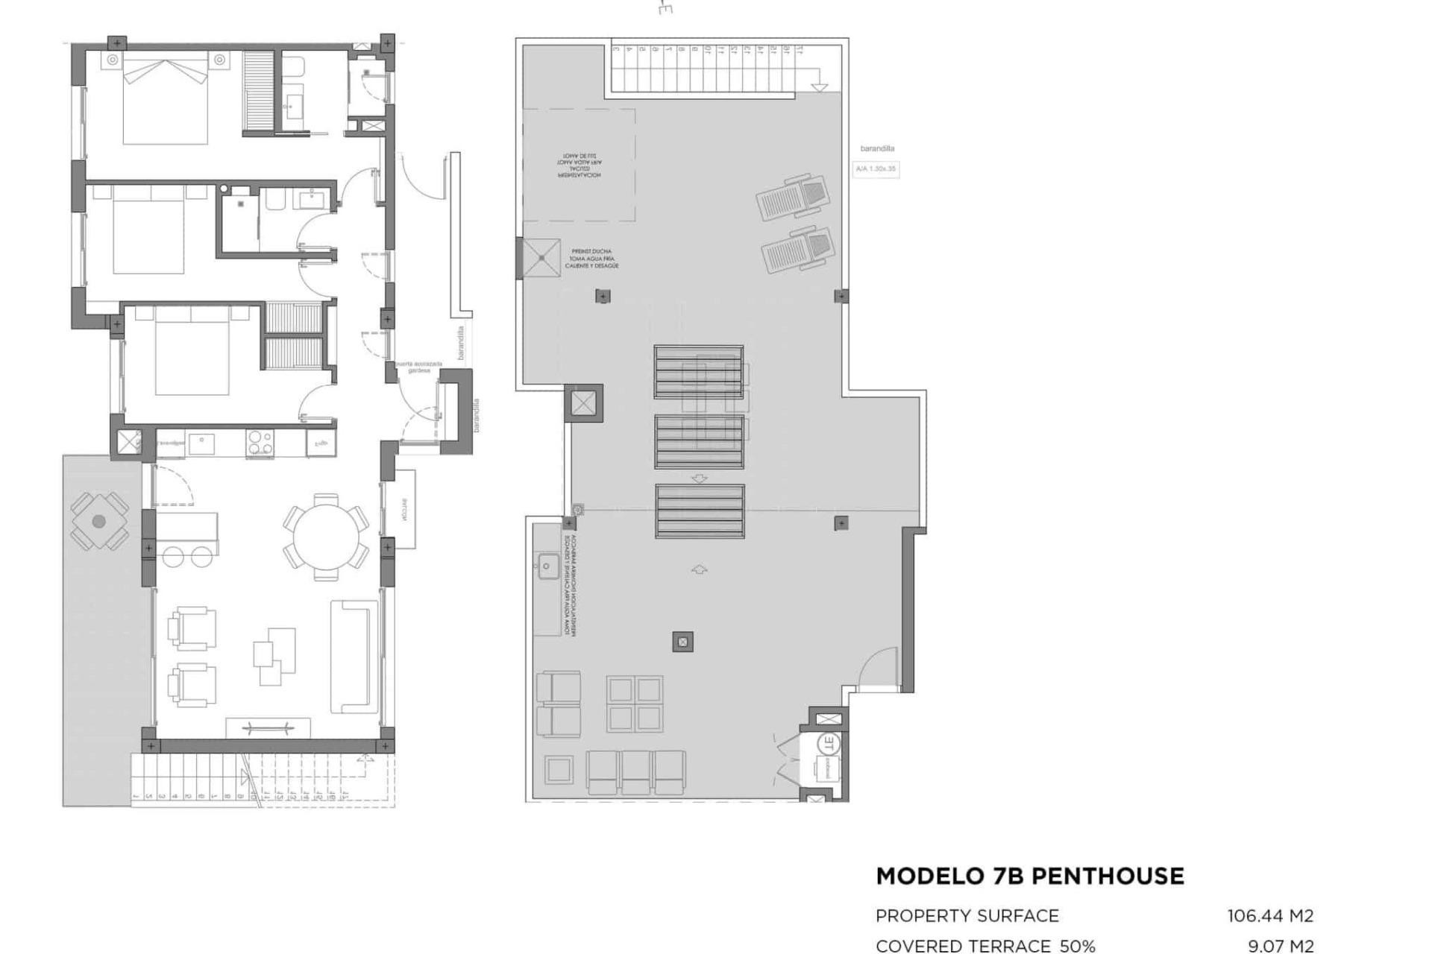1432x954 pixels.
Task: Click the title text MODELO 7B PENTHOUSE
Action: click(1030, 876)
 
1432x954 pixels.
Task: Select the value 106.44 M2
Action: click(1270, 916)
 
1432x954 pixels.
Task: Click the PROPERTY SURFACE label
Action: click(967, 916)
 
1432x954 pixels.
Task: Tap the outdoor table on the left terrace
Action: click(99, 522)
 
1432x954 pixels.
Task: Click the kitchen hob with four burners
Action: click(260, 443)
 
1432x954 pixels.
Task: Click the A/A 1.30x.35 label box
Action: click(876, 169)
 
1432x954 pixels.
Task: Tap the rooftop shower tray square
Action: click(541, 258)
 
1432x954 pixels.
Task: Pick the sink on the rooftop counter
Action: click(547, 566)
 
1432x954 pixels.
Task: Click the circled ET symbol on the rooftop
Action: click(828, 743)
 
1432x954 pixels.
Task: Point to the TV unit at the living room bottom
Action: click(268, 728)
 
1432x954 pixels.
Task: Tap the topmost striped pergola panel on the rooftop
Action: click(699, 371)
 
